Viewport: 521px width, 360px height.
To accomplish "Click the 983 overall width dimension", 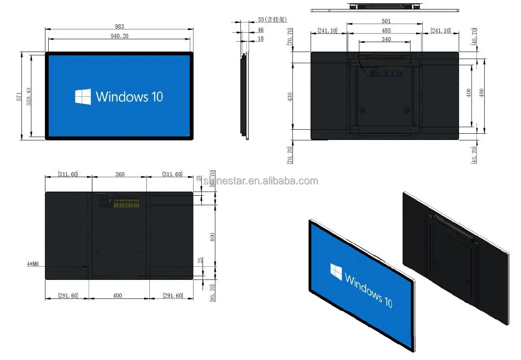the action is [x=119, y=26].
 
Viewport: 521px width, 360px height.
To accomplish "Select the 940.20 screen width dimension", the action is [x=119, y=36].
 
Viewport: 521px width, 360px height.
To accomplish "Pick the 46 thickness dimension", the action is [x=261, y=30].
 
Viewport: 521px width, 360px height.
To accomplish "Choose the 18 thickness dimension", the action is [x=261, y=38].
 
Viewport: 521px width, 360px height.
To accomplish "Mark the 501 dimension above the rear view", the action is [x=386, y=21].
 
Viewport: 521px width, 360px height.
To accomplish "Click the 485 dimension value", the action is [x=386, y=31].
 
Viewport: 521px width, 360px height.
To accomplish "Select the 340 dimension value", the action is [x=386, y=40].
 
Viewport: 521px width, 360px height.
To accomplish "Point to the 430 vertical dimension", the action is [x=290, y=97].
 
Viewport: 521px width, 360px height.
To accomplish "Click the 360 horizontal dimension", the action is [x=120, y=174].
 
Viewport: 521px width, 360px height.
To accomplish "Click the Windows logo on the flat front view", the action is [x=83, y=97].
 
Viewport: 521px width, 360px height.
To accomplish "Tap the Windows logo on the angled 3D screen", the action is [x=336, y=272].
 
